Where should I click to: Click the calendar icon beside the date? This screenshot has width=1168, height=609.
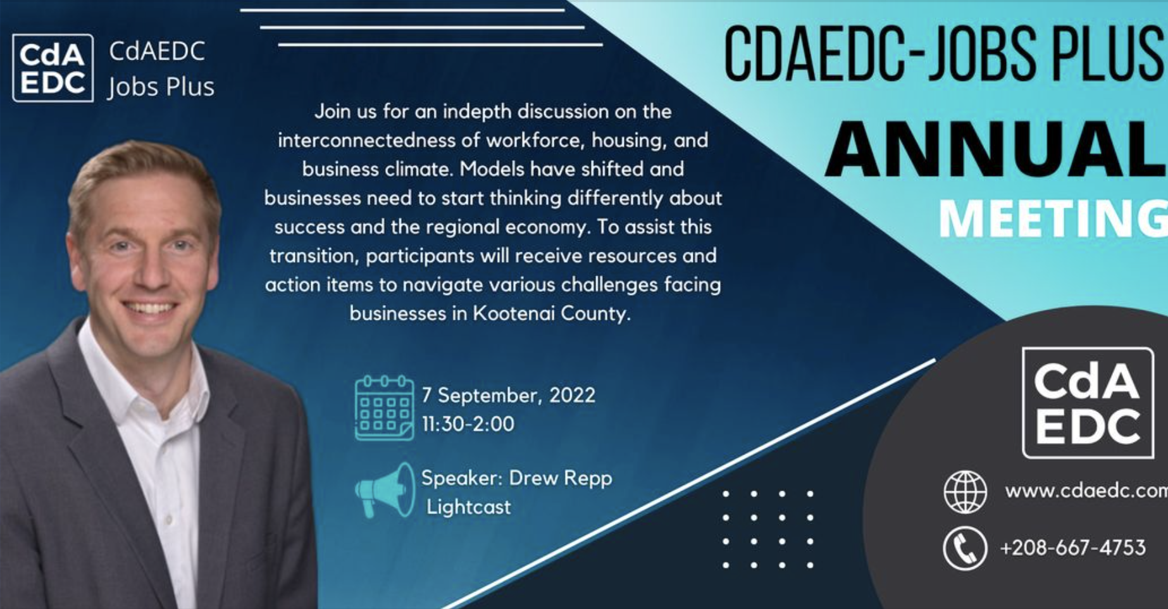click(x=385, y=408)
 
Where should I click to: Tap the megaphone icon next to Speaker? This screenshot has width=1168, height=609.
click(x=385, y=490)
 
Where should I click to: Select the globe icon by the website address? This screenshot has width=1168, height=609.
click(x=965, y=491)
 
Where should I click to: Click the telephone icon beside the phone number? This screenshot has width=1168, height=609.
click(x=965, y=548)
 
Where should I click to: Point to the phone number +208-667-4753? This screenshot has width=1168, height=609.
click(x=1073, y=548)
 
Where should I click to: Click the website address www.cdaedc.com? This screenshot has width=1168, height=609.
click(x=1086, y=491)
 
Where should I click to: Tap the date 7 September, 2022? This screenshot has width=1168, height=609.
click(x=509, y=396)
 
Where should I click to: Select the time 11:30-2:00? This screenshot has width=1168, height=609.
click(x=468, y=424)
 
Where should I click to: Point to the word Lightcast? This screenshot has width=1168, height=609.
click(x=469, y=507)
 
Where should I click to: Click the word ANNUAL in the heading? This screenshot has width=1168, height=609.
click(x=996, y=149)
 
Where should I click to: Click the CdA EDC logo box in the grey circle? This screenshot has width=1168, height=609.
click(x=1088, y=403)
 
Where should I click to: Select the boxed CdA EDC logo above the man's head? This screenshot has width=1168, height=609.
click(x=53, y=68)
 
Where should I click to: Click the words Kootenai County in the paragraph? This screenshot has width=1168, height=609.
click(x=551, y=314)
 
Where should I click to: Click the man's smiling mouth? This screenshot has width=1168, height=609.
click(x=149, y=308)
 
